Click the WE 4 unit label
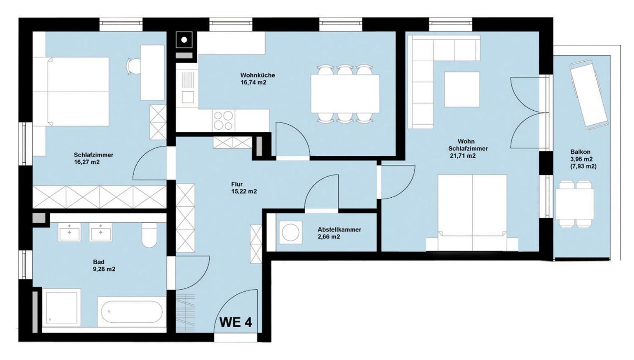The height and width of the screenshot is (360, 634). (235, 322)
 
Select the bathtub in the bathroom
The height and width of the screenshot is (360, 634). (132, 311)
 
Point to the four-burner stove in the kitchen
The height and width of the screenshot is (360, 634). (223, 120)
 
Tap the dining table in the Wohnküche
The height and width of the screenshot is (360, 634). (345, 93)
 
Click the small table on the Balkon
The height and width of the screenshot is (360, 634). (575, 204)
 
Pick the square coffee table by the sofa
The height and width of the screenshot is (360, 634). (462, 89)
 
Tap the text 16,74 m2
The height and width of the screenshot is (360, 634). (253, 82)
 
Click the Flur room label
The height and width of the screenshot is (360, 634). (237, 184)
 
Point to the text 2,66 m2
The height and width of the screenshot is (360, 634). (329, 237)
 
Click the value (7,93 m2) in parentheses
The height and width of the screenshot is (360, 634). (583, 166)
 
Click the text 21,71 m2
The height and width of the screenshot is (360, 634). (462, 155)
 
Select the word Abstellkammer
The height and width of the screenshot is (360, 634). (339, 230)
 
